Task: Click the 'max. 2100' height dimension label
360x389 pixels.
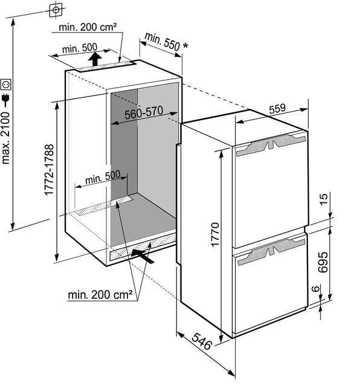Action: pos(5,138)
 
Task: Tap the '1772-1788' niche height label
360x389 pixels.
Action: pos(49,170)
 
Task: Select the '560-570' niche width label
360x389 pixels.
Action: pos(144,112)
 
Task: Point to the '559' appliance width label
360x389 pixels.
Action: pos(278,108)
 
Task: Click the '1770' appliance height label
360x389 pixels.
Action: pos(215,234)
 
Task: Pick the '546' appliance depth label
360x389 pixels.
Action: pos(202,341)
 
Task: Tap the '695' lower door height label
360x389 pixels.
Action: pos(323,262)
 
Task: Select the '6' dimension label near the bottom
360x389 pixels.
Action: pos(315,289)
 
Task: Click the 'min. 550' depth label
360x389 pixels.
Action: pos(162,41)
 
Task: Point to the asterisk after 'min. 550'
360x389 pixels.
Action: pos(185,46)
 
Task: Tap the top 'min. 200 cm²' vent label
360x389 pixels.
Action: pos(88,27)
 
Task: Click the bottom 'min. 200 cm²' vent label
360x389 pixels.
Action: pos(100,295)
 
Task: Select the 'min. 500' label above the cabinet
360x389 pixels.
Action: pos(79,48)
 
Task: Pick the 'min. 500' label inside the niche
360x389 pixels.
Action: pos(103,178)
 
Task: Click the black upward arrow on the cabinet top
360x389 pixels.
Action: pos(95,59)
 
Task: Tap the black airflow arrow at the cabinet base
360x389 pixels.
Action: pos(143,256)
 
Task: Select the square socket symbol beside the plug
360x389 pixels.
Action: pos(5,85)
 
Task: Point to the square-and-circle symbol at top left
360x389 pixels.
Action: pos(56,10)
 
